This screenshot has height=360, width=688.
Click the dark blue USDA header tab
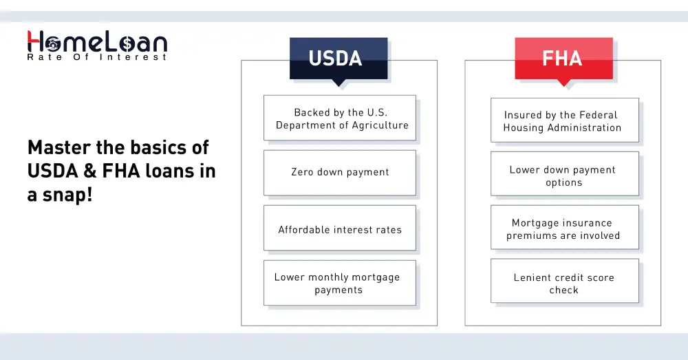(x=338, y=59)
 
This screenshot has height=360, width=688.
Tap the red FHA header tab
(x=563, y=59)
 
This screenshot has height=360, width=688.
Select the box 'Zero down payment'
(x=340, y=173)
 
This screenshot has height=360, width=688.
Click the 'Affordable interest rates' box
(x=340, y=229)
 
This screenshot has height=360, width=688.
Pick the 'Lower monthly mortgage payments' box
(x=340, y=283)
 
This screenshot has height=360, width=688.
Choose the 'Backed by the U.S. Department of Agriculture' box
(x=340, y=118)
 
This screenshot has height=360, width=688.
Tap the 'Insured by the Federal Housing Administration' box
(x=564, y=120)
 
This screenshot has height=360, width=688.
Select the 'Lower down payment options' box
(x=564, y=176)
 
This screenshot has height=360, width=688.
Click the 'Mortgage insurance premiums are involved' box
(x=564, y=229)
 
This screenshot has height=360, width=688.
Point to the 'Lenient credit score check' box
(x=564, y=283)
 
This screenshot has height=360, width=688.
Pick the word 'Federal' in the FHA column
(x=597, y=115)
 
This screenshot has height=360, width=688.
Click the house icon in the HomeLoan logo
(x=54, y=43)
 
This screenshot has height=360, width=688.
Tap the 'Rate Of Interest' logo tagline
(x=96, y=58)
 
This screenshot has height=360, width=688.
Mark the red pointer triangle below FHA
(x=563, y=83)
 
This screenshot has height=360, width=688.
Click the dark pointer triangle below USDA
(x=338, y=83)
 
